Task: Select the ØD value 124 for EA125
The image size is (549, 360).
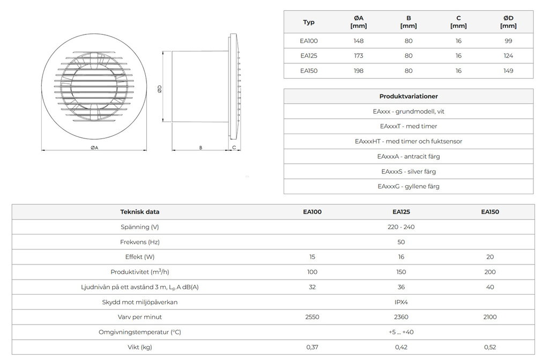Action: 508,56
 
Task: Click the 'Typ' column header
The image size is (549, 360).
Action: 309,22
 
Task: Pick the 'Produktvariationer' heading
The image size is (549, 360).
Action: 409,97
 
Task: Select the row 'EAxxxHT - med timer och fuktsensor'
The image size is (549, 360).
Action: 409,142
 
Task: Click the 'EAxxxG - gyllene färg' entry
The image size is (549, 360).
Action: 409,187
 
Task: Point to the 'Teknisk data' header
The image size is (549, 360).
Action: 140,212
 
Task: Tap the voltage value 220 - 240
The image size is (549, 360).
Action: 401,227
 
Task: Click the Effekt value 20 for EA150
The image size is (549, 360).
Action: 490,257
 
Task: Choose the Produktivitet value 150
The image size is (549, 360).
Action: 401,272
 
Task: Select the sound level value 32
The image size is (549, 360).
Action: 313,287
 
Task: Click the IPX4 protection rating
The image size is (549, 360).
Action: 401,302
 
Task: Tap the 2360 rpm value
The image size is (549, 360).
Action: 401,317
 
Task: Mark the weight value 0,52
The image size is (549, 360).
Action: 490,347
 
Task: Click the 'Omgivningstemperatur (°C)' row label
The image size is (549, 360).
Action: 140,332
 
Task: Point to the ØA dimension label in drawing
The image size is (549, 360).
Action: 94,147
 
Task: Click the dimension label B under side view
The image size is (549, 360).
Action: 200,147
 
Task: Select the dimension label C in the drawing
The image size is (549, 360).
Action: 234,147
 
